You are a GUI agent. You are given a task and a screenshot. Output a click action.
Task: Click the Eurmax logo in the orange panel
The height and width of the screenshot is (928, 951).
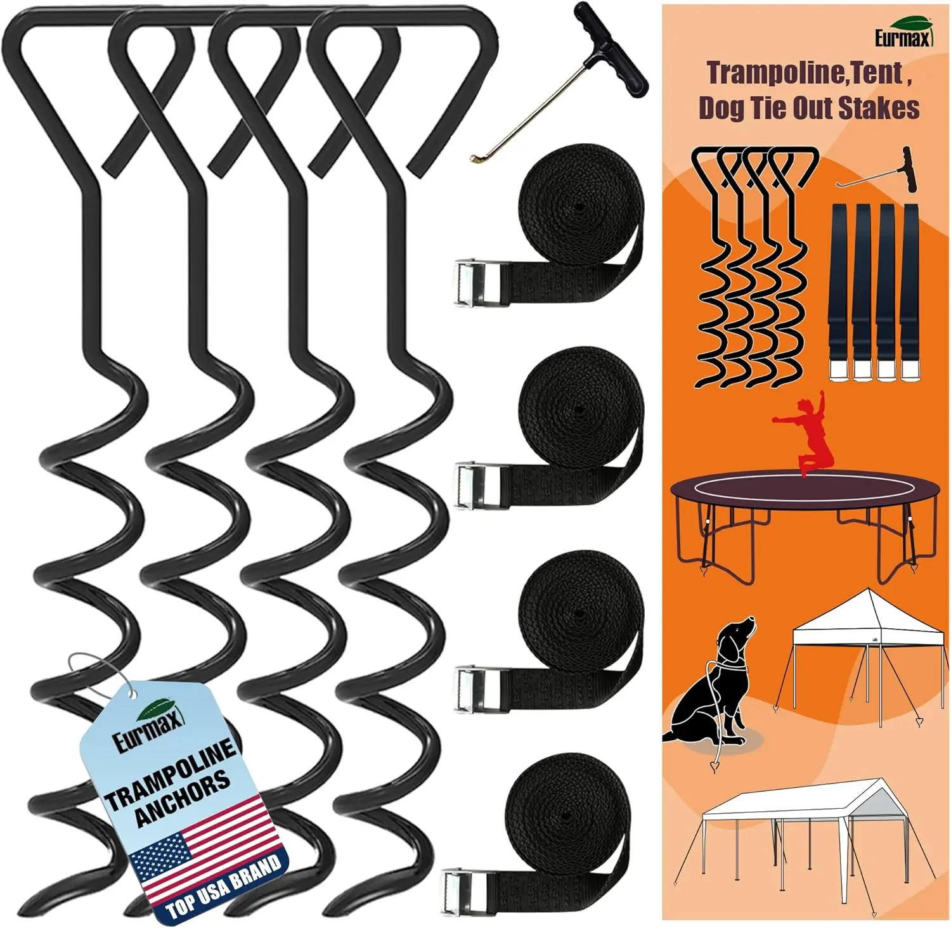pyautogui.click(x=904, y=35)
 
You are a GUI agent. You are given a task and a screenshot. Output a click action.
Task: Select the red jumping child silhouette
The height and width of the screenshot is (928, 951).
pyautogui.click(x=802, y=437)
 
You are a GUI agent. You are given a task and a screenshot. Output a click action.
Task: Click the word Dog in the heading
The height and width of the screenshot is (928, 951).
pyautogui.click(x=720, y=108)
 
